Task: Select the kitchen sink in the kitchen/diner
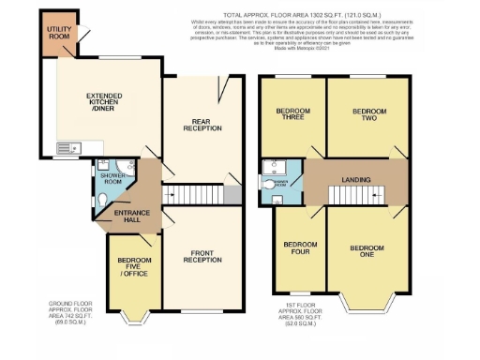tap(67, 148)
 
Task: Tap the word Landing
tap(354, 179)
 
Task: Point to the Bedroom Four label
tap(299, 248)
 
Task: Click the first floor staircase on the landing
tap(330, 179)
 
